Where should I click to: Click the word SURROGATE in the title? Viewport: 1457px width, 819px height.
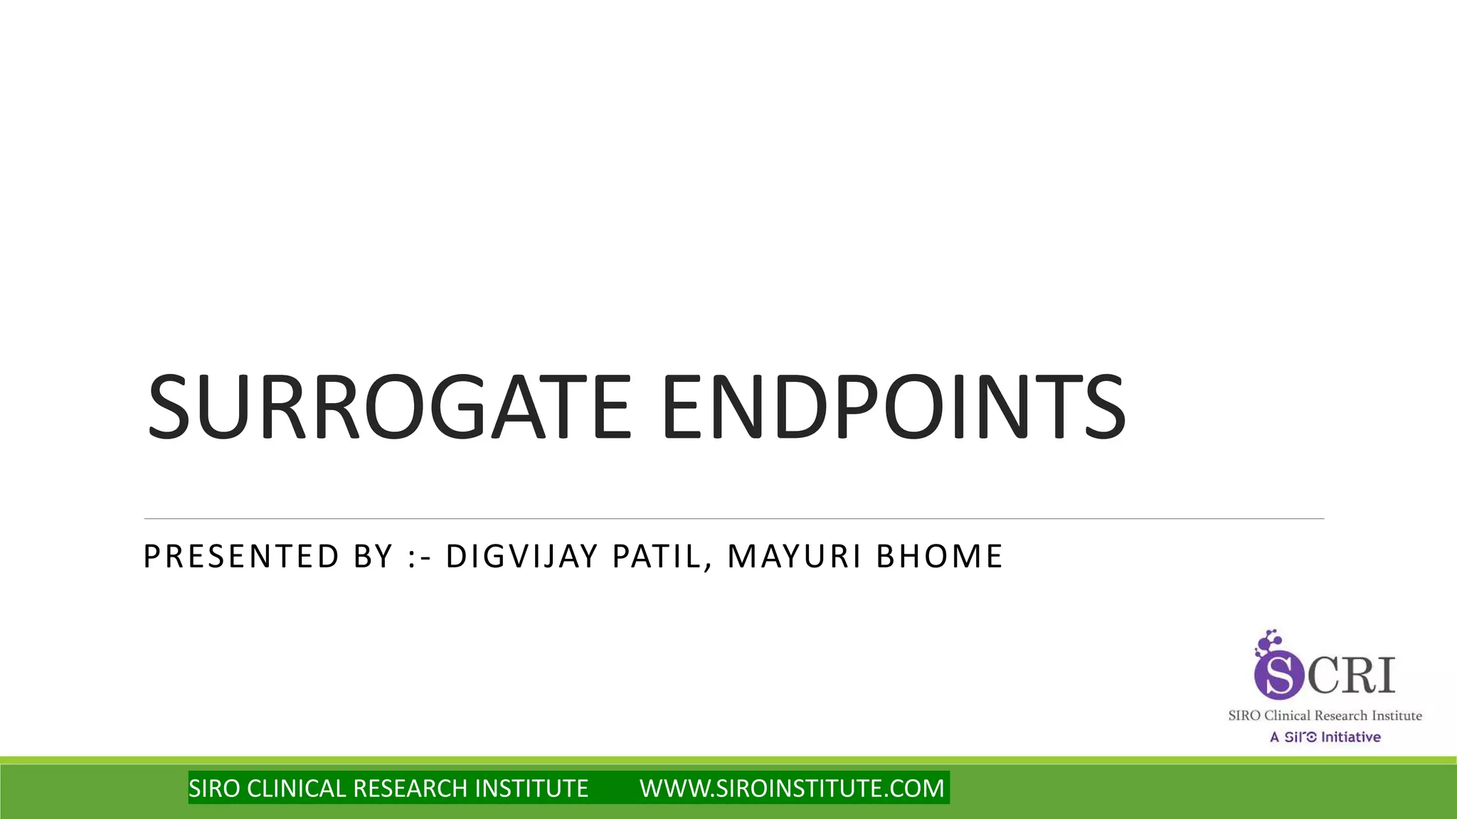click(x=388, y=408)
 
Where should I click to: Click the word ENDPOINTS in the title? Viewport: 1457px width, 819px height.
click(x=894, y=408)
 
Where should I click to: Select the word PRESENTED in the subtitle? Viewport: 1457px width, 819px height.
click(x=242, y=556)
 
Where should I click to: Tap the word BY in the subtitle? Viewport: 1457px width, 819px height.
click(x=373, y=556)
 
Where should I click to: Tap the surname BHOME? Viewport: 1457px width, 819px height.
click(x=939, y=556)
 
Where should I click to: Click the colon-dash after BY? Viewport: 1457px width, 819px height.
click(x=422, y=557)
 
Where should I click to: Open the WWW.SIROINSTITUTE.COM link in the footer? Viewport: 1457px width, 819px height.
click(x=792, y=788)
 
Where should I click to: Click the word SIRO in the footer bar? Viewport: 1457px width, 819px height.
click(x=214, y=788)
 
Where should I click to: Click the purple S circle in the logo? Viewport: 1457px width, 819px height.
click(x=1278, y=676)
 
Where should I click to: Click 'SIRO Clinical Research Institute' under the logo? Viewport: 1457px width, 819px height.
click(x=1325, y=716)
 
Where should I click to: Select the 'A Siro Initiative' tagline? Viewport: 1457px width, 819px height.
click(x=1325, y=737)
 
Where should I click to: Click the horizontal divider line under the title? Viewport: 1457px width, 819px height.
click(x=733, y=519)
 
